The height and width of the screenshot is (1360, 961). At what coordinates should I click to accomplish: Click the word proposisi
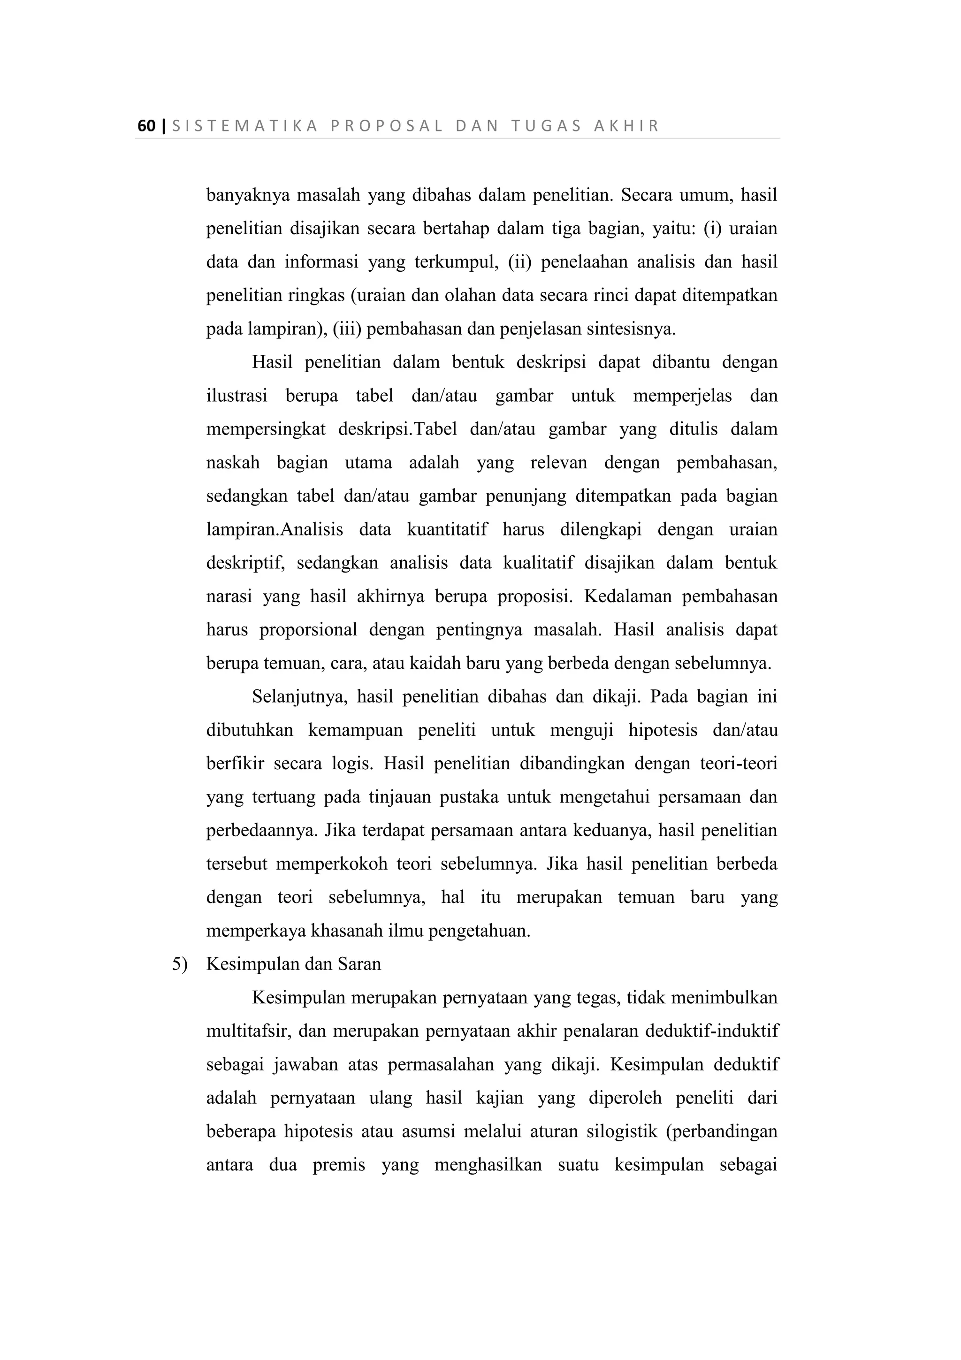534,596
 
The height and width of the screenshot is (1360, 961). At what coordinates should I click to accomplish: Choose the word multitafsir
248,1031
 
